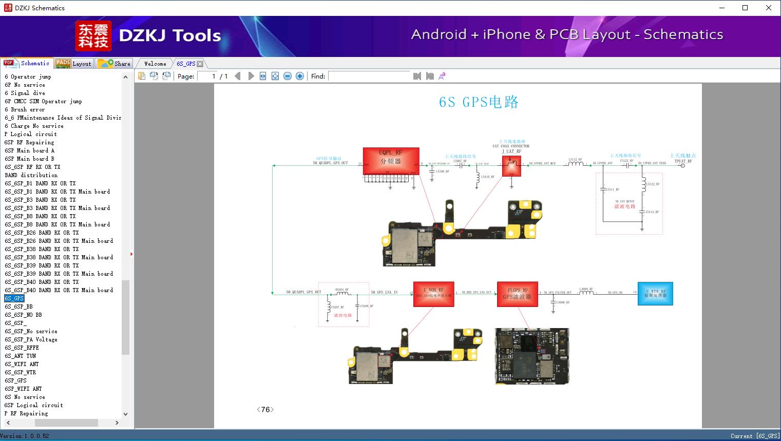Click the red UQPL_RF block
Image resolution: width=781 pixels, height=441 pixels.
391,161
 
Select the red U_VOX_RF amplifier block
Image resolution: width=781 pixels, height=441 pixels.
433,294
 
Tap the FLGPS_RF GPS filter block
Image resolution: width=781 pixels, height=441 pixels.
517,294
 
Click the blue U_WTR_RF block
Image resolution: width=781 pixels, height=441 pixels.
655,294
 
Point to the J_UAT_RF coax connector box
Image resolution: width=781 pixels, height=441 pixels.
511,165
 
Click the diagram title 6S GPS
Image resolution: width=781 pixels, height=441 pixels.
478,102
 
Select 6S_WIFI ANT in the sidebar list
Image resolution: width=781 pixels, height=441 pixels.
22,364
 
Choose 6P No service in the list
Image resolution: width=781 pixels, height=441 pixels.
25,85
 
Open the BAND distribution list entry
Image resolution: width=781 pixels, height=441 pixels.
31,175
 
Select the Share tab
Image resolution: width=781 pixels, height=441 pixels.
115,64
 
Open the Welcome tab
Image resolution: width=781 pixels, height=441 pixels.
155,64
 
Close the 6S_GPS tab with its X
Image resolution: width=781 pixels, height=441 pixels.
200,64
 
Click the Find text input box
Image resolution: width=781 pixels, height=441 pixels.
370,76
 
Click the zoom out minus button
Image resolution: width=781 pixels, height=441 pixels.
288,76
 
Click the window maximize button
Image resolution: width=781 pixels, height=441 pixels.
745,8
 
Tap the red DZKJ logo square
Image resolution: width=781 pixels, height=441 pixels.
93,36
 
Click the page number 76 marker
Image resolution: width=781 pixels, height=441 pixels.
265,410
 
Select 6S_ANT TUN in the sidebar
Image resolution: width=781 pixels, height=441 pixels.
21,356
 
